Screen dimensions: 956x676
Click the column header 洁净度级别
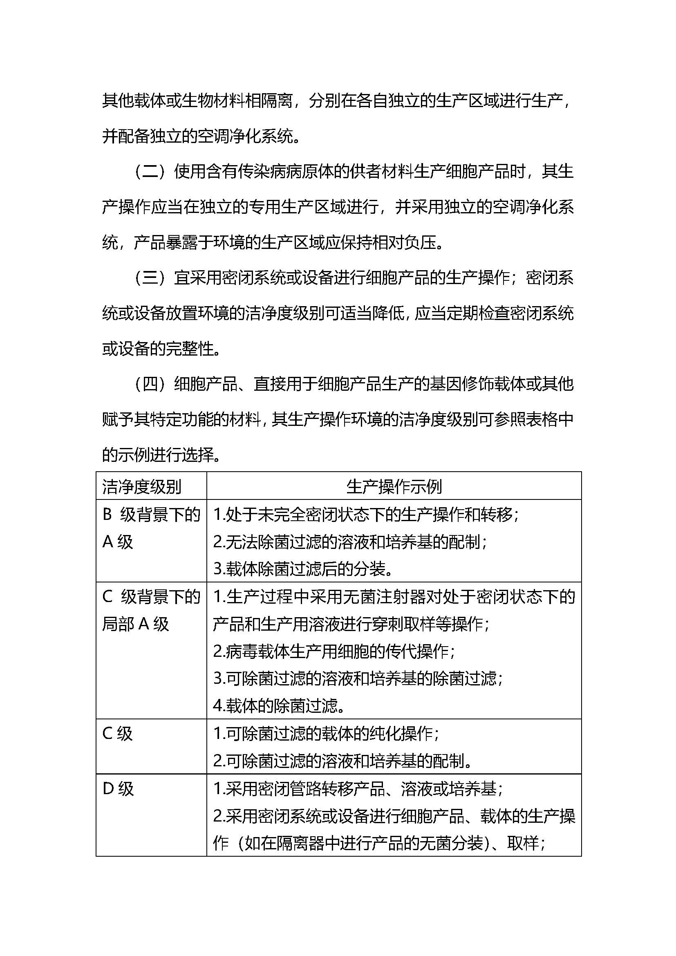141,486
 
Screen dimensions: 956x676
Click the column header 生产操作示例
394,486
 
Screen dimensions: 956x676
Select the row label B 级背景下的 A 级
151,528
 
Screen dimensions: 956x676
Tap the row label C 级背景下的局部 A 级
151,610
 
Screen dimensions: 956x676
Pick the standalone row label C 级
117,734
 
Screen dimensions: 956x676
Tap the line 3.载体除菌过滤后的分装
303,569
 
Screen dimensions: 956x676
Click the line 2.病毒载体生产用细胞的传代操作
334,651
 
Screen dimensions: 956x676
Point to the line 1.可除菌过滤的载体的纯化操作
326,734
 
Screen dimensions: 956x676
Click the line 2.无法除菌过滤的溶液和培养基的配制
350,542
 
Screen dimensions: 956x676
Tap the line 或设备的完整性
161,349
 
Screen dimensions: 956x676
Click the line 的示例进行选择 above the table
161,454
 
